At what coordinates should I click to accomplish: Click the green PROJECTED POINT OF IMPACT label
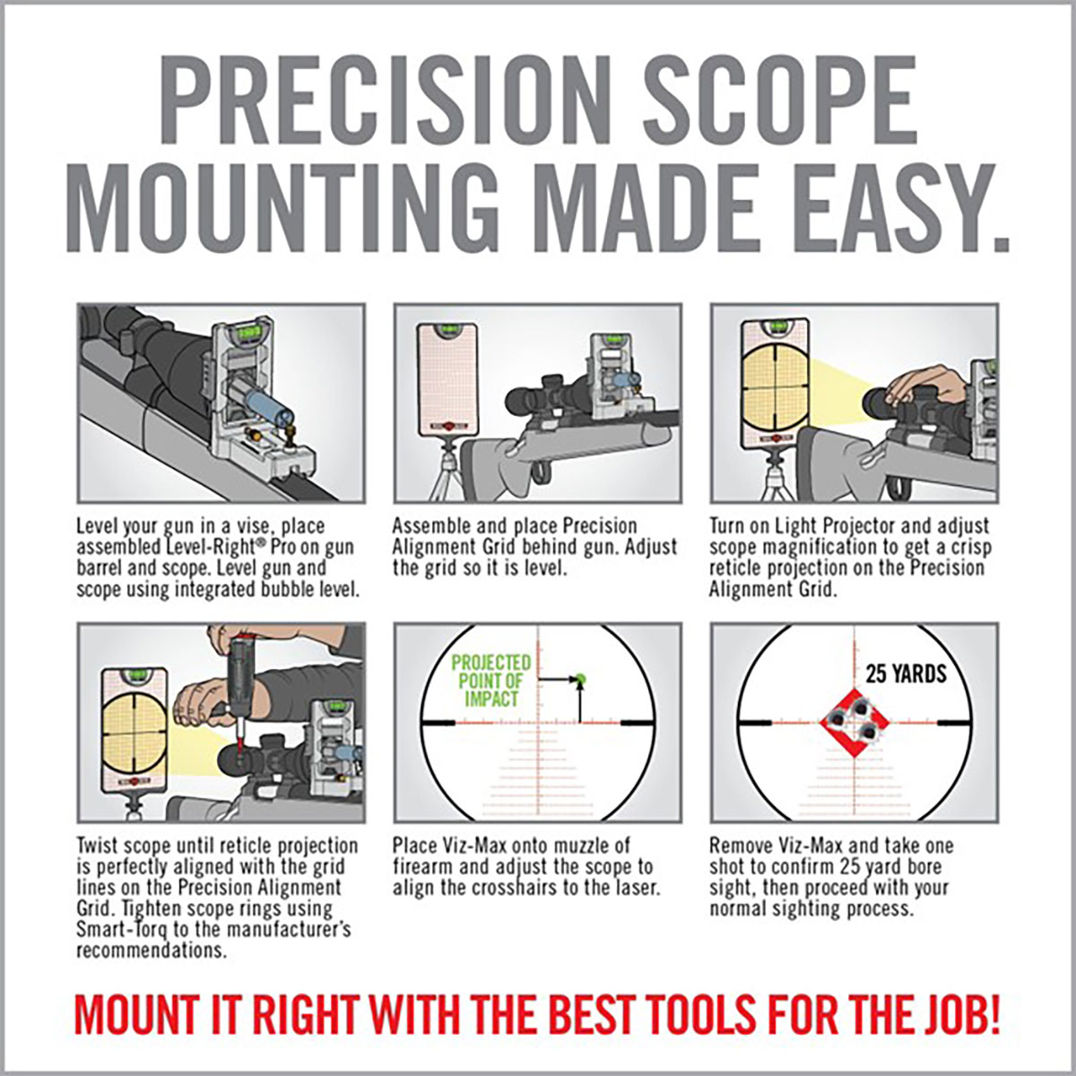click(x=491, y=681)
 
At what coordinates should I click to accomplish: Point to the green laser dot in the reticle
click(x=580, y=679)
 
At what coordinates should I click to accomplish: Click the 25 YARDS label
click(x=906, y=673)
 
